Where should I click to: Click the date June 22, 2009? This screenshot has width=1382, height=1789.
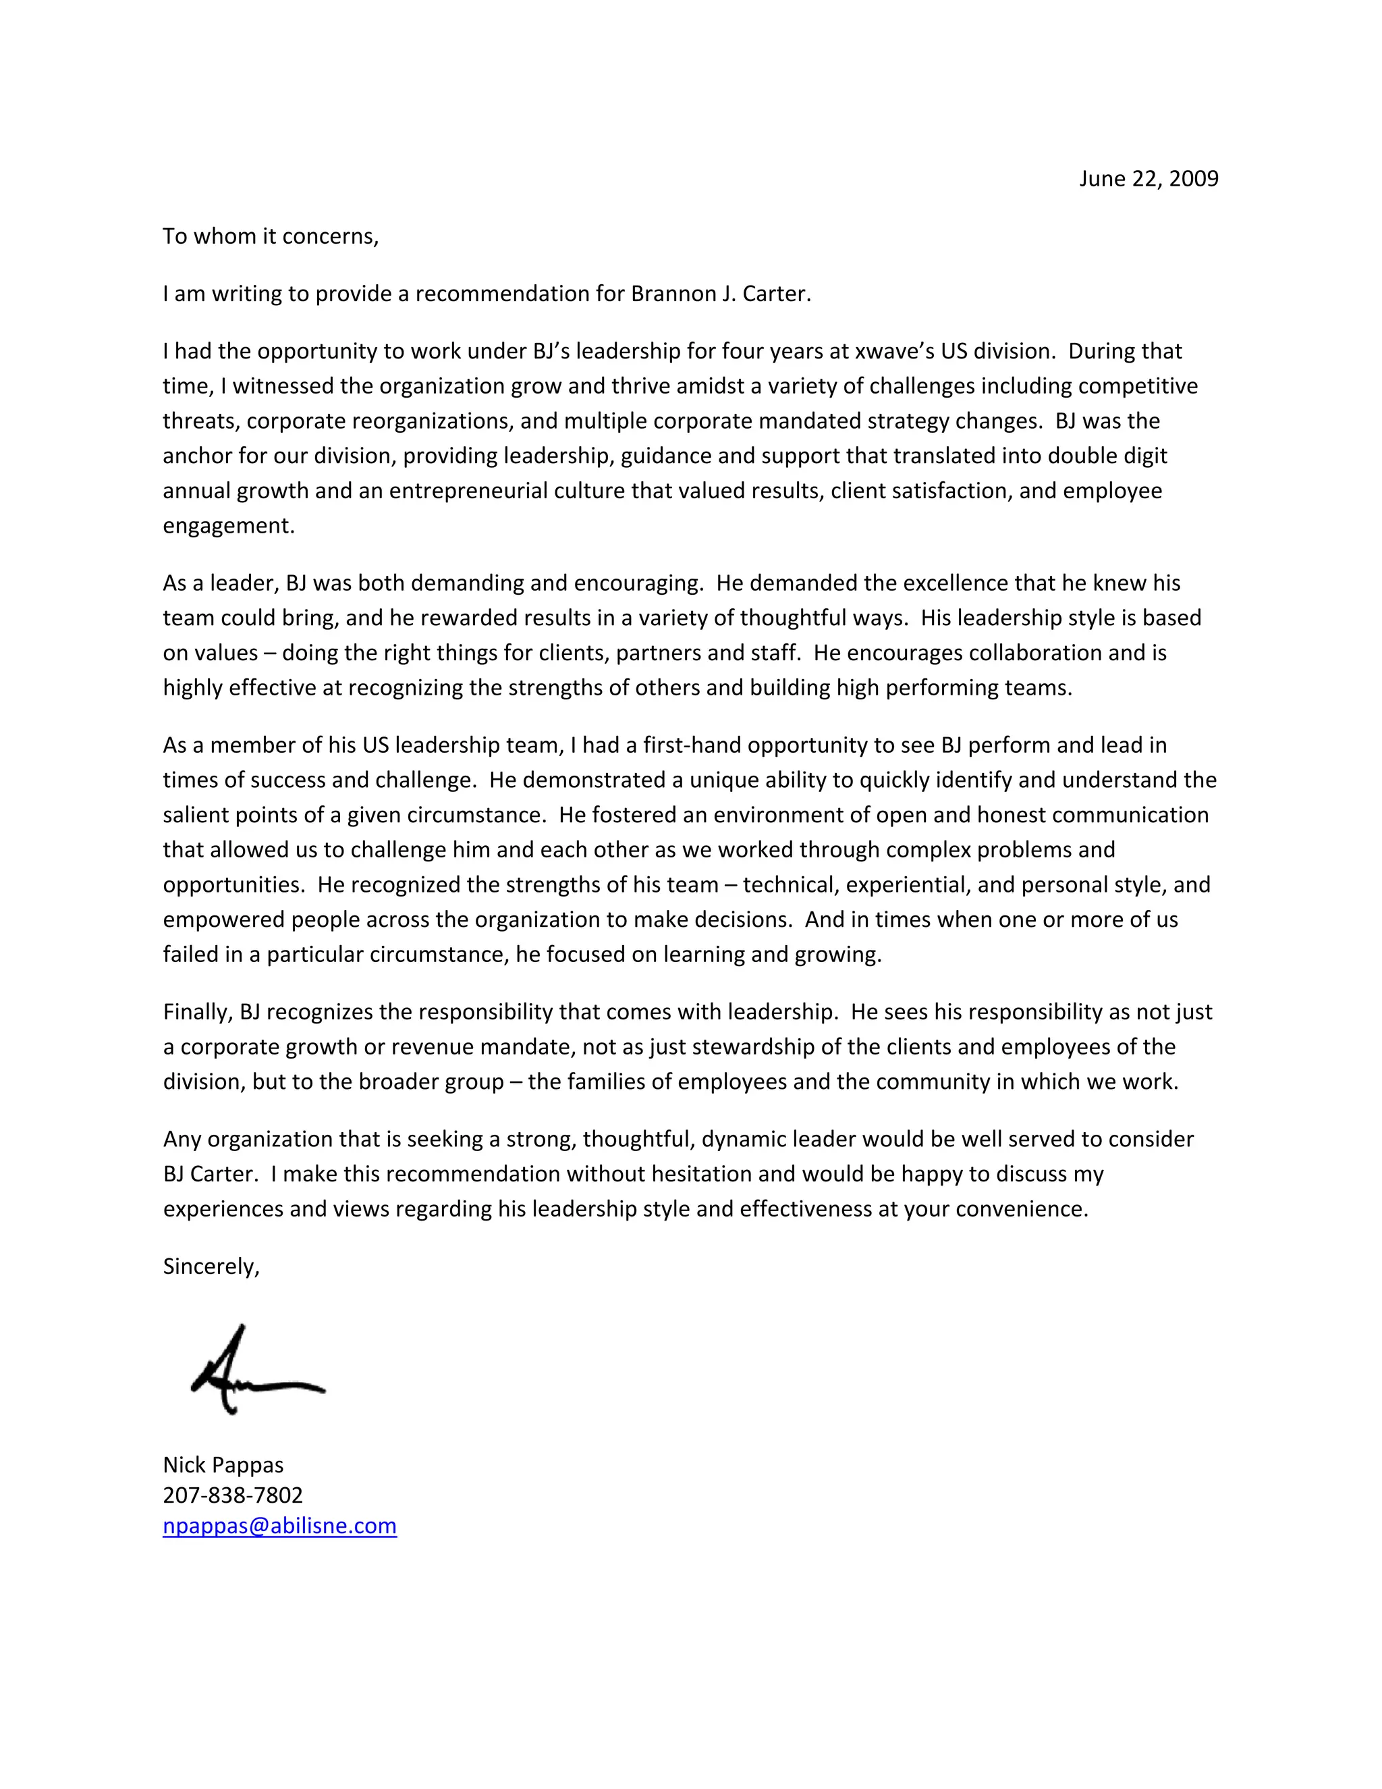1148,179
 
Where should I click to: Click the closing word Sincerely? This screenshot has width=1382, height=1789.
211,1266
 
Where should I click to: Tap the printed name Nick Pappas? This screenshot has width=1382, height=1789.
223,1465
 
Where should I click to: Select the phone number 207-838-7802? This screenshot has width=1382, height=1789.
233,1495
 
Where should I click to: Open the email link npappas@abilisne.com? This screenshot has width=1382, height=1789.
279,1525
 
